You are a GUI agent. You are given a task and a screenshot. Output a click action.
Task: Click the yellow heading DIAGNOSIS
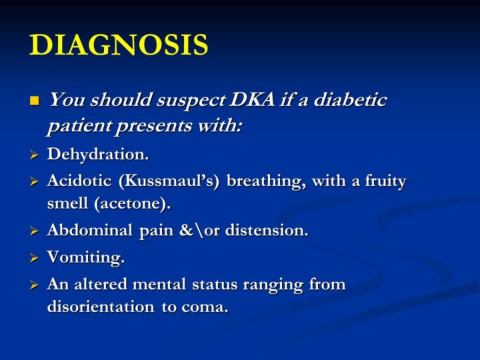[x=119, y=45]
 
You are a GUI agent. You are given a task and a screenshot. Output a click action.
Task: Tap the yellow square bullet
[x=35, y=101]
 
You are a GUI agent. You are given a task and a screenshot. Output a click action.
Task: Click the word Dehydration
[x=98, y=154]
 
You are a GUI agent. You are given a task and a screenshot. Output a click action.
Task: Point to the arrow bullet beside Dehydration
[x=34, y=155]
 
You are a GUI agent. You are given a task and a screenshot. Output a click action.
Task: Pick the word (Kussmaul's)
[x=169, y=181]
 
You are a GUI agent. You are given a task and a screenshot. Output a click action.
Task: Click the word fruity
[x=385, y=182]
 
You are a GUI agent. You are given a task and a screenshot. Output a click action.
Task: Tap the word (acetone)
[x=132, y=204]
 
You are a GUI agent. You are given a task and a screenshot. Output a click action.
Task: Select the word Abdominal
[x=90, y=230]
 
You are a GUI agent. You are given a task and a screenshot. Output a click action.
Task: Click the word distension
[x=267, y=230]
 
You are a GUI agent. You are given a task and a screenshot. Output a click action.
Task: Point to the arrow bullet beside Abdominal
[x=34, y=231]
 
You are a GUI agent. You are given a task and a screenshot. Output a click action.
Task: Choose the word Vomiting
[x=86, y=257]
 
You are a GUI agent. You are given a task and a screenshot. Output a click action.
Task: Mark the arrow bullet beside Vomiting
[x=34, y=258]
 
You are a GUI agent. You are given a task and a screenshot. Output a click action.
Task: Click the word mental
[x=159, y=284]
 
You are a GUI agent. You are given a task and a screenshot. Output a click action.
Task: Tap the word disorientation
[x=101, y=307]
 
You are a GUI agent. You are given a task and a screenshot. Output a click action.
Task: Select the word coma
[x=205, y=307]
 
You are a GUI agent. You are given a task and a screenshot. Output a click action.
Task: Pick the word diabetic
[x=350, y=99]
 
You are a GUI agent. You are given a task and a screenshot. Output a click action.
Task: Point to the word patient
[x=79, y=126]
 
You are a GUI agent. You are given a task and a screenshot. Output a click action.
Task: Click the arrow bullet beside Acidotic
[x=34, y=182]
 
